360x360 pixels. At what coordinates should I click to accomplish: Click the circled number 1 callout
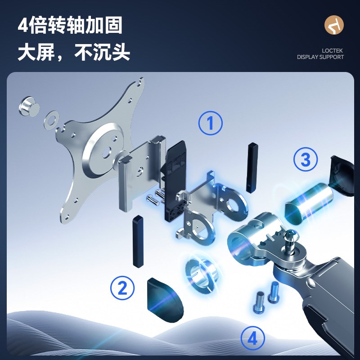coord(211,123)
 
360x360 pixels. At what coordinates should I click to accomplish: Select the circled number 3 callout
coord(306,160)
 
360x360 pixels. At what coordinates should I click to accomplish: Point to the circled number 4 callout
coord(253,338)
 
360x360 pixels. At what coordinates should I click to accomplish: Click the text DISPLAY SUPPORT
coord(320,57)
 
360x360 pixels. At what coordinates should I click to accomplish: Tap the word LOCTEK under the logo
coord(333,51)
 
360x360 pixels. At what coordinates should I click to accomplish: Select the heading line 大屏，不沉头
coord(74,53)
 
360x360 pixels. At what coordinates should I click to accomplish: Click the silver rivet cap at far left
coord(28,106)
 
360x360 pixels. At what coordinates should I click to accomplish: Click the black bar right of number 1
coord(251,167)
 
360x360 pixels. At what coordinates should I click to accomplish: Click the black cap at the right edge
coord(343,175)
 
